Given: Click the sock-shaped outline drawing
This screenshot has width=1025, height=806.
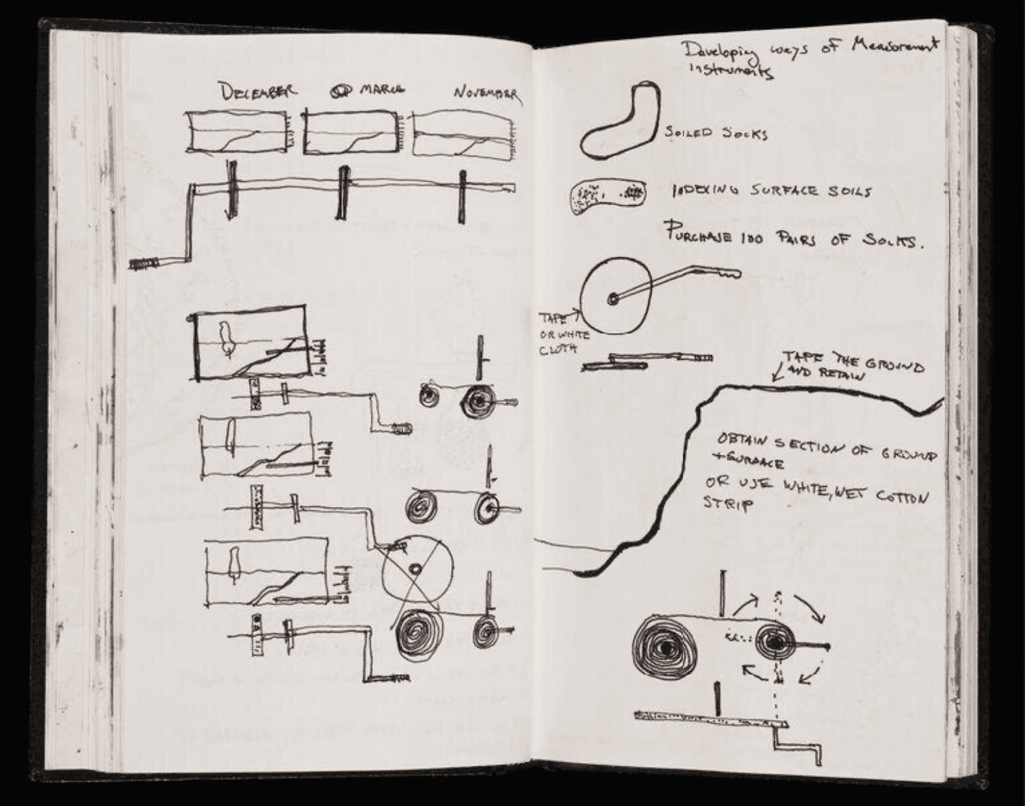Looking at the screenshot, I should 618,121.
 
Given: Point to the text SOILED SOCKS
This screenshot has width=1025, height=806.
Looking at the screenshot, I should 716,134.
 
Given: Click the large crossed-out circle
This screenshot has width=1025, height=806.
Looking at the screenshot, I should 416,568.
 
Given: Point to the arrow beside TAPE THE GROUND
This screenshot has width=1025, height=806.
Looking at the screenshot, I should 777,373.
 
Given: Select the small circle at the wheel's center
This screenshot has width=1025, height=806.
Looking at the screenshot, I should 613,299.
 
